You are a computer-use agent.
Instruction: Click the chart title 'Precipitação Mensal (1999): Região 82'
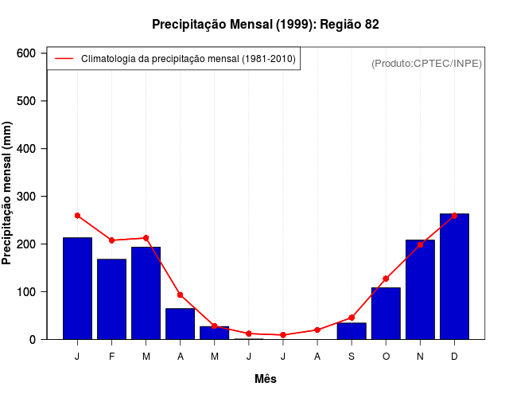[266, 25]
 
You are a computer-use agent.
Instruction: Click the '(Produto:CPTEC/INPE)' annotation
[426, 63]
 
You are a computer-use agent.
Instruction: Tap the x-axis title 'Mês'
[266, 379]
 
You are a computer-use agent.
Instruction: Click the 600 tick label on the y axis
[26, 53]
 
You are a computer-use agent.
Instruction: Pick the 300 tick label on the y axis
[26, 197]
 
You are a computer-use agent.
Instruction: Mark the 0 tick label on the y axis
[33, 340]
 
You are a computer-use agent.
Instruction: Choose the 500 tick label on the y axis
[26, 101]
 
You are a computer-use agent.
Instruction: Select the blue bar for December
[454, 276]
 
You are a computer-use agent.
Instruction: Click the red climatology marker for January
[77, 216]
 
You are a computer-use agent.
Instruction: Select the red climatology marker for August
[317, 330]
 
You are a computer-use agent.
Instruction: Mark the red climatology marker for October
[386, 279]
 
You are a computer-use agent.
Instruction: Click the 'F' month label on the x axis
[111, 357]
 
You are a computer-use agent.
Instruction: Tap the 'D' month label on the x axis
[454, 357]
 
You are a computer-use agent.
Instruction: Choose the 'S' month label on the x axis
[352, 357]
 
